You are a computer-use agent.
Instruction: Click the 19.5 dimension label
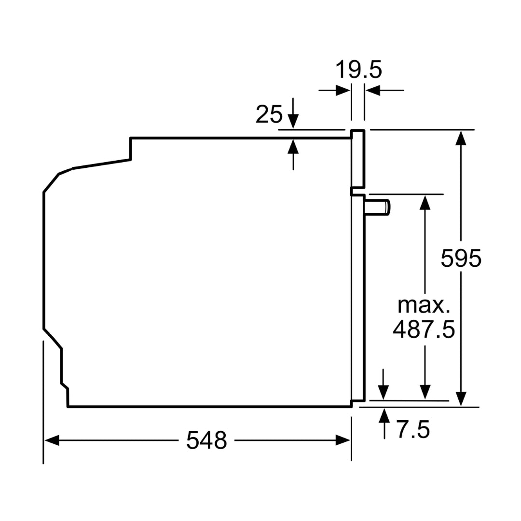358,70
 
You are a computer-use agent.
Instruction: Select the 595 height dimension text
461,258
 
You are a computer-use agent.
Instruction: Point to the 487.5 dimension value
424,329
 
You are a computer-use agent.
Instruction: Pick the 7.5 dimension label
413,429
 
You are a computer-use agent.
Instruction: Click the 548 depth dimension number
206,440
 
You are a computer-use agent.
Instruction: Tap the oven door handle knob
377,208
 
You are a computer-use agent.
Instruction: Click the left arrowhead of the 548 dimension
52,440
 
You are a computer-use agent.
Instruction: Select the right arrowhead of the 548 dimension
343,440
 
